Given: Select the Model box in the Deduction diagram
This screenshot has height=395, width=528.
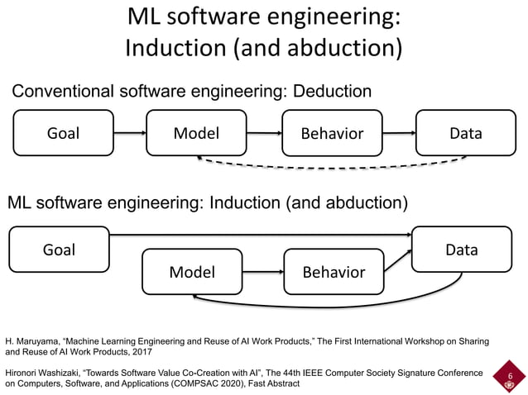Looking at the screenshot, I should point(195,132).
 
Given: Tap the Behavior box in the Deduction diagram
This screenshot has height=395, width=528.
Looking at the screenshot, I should point(332,133).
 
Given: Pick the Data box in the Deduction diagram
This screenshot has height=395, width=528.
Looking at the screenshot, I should point(465,132).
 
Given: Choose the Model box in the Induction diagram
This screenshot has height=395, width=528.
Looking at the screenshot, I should point(192,272).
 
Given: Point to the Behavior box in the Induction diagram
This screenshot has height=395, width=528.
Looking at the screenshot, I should point(333,272).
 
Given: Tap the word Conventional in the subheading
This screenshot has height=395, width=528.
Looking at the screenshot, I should point(61,90).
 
